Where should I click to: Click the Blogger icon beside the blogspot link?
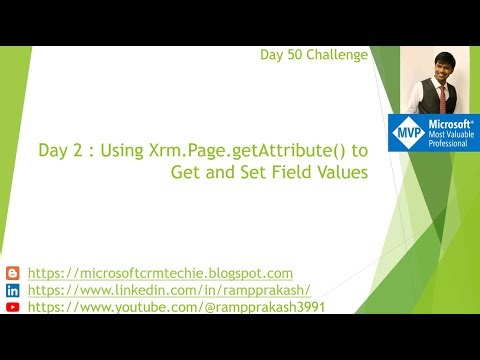coord(12,273)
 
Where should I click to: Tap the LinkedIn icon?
coord(12,290)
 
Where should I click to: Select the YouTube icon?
coord(12,307)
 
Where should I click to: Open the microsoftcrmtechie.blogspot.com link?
coord(160,273)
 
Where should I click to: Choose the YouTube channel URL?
coord(176,307)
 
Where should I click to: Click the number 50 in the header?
coord(293,55)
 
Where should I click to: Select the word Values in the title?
coord(341,173)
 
